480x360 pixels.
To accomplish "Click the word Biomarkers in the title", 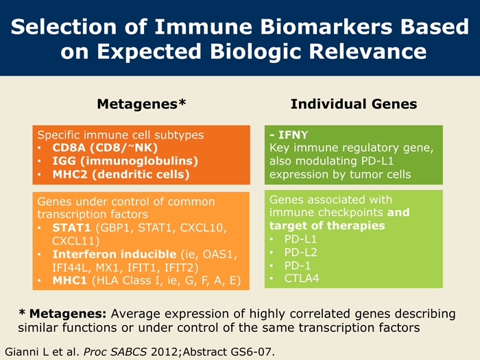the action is point(326,26).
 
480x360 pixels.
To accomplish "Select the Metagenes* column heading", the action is point(141,104).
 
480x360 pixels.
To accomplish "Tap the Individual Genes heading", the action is point(354,104).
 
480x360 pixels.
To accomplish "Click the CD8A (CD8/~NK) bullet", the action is point(105,148).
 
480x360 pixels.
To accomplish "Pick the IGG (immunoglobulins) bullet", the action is point(125,161).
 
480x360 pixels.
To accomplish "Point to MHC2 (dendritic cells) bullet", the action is point(121,174).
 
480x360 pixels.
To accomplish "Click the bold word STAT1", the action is point(71,228).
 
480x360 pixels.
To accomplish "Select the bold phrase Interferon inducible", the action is point(115,254).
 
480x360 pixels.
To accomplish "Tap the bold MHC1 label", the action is point(69,280).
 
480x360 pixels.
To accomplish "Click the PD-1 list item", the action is point(297,266).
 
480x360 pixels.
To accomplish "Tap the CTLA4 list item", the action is point(302,278).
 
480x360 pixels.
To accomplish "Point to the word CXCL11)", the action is point(75,241).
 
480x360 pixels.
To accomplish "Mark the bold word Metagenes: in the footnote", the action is point(68,314).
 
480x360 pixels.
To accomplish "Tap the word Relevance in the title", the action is point(368,51).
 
